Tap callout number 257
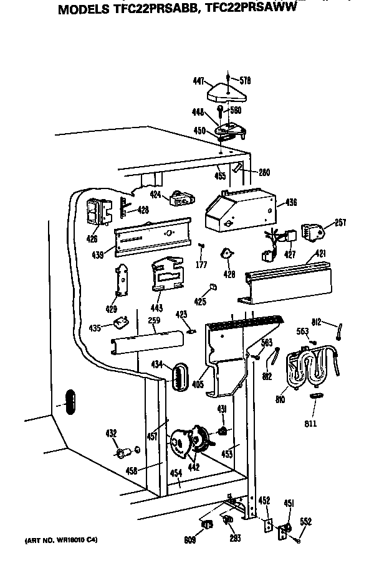340,222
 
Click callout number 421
320,253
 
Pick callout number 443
156,308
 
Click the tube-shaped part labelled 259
146,341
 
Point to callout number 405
198,384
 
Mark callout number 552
306,521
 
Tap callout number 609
189,540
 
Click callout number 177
201,266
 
